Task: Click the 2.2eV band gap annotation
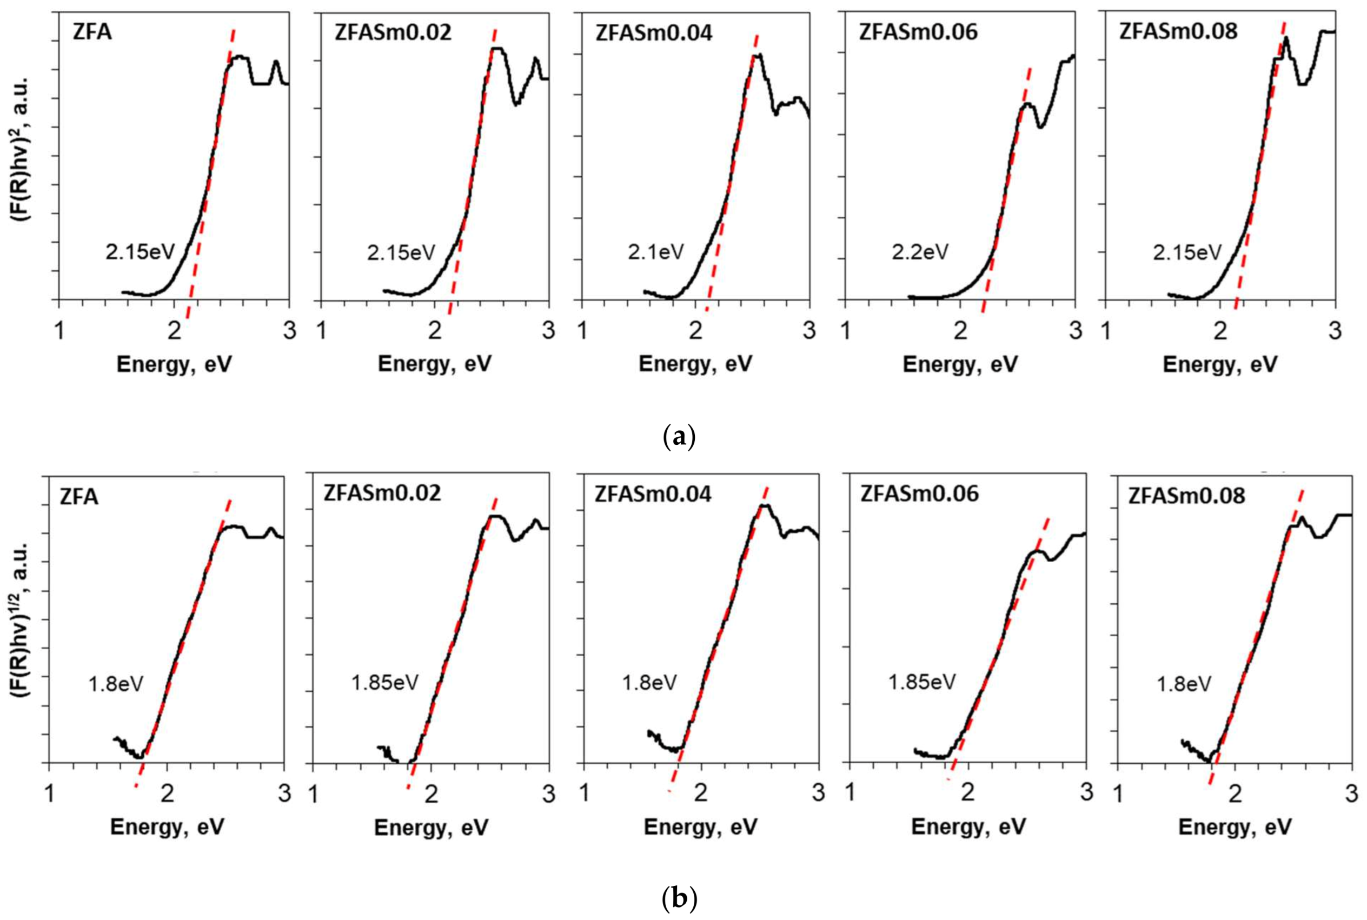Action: click(919, 252)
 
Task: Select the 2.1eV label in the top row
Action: click(655, 252)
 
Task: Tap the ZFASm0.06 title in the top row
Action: click(918, 32)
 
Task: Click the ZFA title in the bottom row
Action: click(78, 497)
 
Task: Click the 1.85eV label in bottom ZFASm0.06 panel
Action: click(921, 682)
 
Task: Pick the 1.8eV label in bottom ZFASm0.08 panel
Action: click(1184, 684)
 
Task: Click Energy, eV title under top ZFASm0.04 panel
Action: click(695, 364)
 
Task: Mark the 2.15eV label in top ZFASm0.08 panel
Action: click(1187, 252)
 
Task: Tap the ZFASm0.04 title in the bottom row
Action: click(653, 494)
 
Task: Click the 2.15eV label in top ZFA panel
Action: click(140, 252)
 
